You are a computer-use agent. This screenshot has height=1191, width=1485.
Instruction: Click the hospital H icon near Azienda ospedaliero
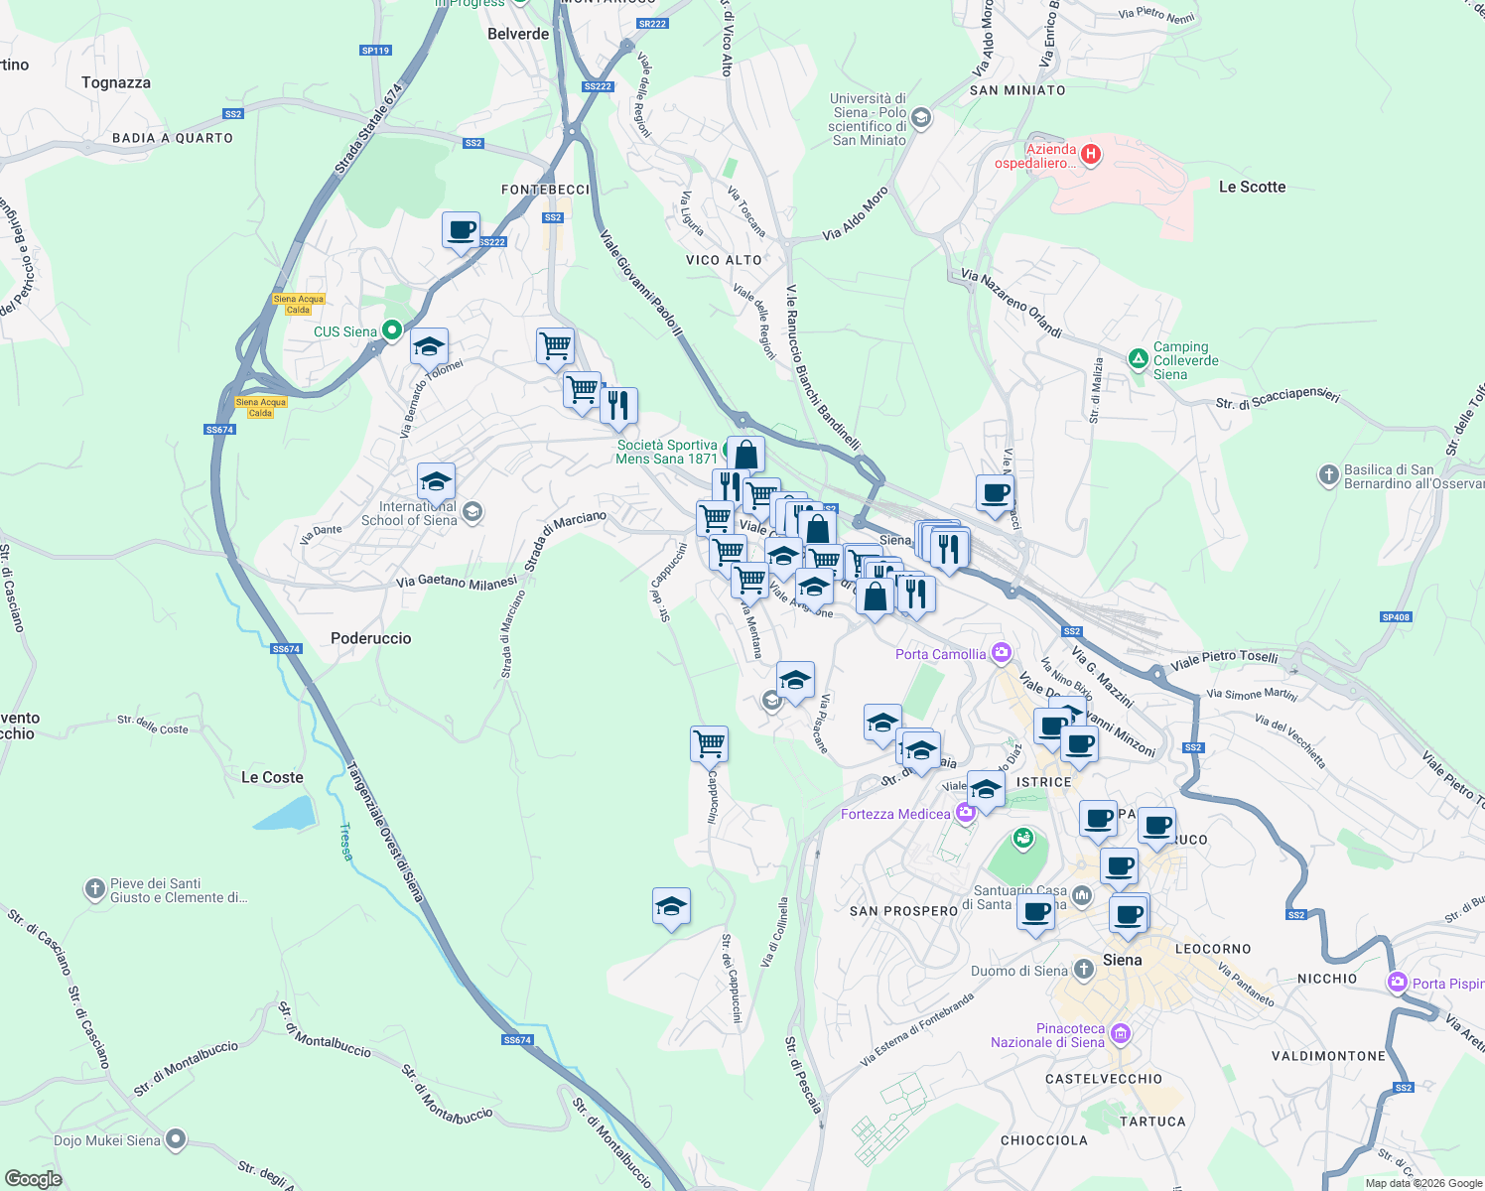(x=1091, y=154)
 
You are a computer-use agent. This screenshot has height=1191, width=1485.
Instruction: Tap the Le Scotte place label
(x=1252, y=187)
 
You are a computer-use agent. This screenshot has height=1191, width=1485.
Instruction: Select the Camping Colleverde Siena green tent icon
(x=1139, y=358)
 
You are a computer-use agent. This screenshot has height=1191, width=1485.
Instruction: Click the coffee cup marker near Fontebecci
(x=461, y=231)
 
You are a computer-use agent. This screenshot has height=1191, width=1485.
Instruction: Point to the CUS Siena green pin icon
(x=392, y=331)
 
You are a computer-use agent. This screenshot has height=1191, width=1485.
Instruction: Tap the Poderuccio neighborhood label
(x=370, y=638)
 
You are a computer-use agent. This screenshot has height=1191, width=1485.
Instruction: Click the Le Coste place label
(x=272, y=777)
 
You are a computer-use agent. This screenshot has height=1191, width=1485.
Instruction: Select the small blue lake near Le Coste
(x=285, y=813)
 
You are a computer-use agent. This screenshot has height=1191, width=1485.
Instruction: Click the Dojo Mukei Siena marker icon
(x=176, y=1139)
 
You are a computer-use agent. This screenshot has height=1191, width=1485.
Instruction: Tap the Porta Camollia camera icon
(x=1002, y=653)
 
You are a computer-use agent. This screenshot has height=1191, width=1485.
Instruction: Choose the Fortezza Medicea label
(x=895, y=814)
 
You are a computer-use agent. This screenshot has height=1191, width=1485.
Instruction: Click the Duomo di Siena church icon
(x=1084, y=971)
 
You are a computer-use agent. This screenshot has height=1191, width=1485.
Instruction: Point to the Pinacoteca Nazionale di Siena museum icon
(x=1121, y=1034)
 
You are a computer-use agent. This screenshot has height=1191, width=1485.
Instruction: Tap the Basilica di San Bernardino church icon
(x=1328, y=475)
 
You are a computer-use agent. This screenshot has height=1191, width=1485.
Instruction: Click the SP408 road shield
(x=1395, y=617)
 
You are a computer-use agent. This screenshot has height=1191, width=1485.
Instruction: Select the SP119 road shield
(x=375, y=51)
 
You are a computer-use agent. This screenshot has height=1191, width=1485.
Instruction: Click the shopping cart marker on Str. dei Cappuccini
(x=709, y=743)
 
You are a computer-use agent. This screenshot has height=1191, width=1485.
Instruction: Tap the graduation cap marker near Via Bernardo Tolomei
(x=429, y=347)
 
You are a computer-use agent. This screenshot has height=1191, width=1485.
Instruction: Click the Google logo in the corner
(x=33, y=1178)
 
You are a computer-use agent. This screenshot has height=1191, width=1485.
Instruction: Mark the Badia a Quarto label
(x=173, y=138)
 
